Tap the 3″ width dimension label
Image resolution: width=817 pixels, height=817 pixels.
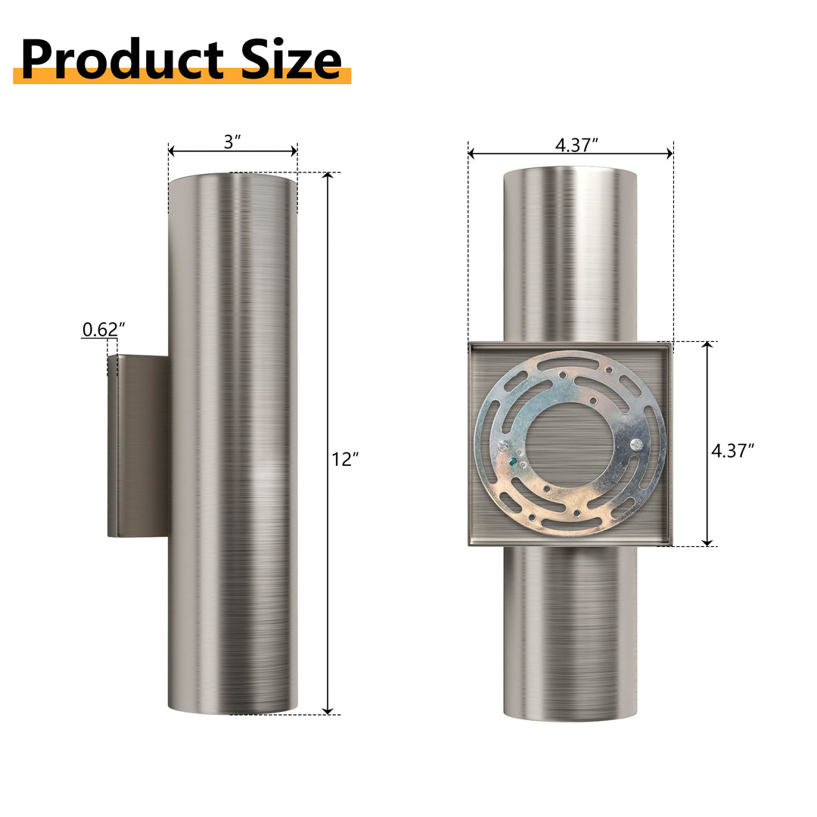pos(231,141)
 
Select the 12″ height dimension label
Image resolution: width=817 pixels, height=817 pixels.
pos(345,459)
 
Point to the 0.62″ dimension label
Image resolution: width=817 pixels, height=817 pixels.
pos(103,329)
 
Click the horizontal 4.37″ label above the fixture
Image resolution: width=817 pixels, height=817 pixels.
pos(576,144)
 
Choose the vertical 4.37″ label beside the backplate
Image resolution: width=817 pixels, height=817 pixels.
pos(732,451)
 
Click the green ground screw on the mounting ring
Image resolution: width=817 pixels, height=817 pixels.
pos(514,459)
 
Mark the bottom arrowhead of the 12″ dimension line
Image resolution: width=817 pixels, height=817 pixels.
pos(328,710)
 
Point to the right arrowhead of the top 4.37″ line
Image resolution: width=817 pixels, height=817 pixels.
pos(669,154)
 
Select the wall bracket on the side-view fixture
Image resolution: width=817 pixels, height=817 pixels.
pos(138,446)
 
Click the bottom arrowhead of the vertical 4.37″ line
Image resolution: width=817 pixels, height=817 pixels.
pos(707,542)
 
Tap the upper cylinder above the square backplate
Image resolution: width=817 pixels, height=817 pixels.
pos(570,253)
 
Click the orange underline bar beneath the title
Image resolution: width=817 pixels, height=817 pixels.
pos(182,76)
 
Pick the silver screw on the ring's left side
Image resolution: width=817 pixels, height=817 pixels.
pos(502,446)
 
